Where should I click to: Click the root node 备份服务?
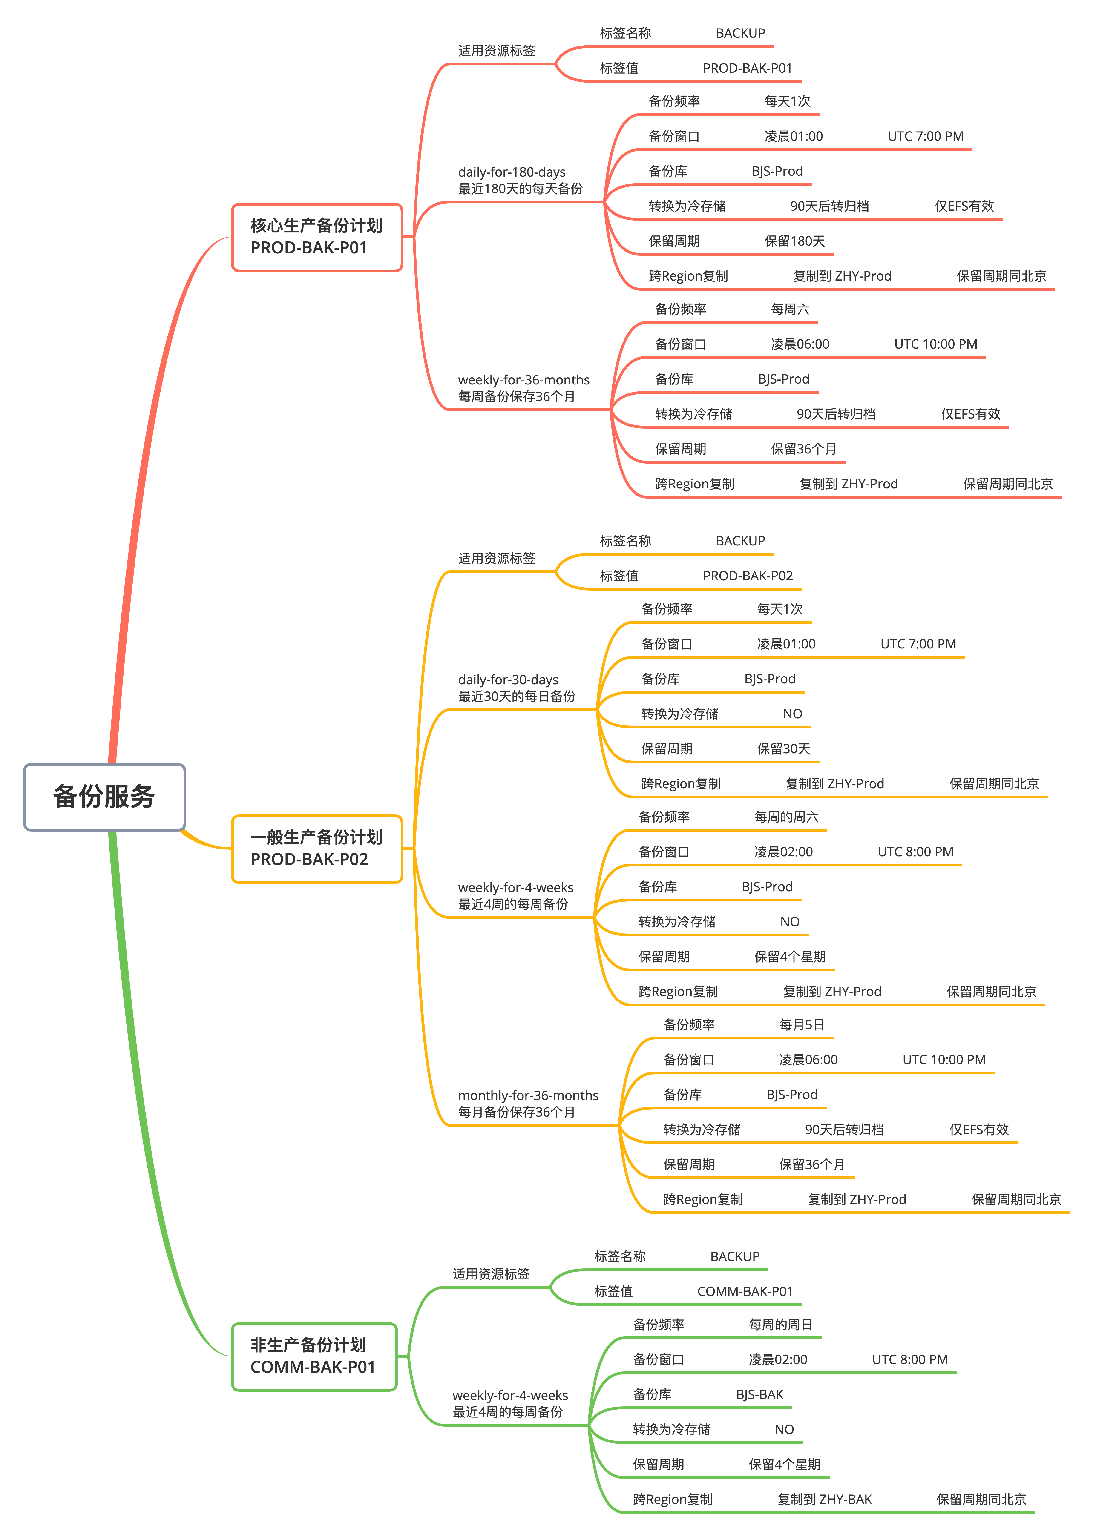point(104,797)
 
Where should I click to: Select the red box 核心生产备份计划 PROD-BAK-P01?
point(316,237)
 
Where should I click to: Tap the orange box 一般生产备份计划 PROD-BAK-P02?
point(316,849)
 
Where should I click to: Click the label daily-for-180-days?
point(512,172)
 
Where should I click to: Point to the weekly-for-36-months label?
point(524,380)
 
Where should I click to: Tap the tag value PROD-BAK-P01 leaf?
point(747,68)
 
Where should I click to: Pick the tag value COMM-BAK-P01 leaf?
point(744,1291)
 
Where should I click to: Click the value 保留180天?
point(794,241)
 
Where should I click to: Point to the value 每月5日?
point(801,1025)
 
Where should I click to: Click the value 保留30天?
point(783,749)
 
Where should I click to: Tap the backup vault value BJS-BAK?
point(759,1394)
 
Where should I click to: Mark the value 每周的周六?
point(786,817)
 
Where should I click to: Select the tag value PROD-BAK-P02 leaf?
point(747,576)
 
